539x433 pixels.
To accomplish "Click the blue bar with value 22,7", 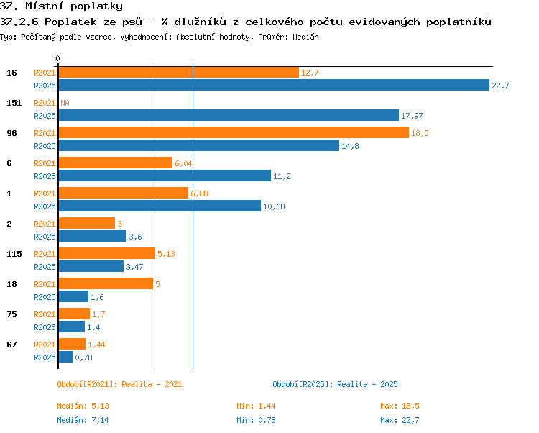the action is click(x=274, y=85).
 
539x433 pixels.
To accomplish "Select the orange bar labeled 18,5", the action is click(x=234, y=132).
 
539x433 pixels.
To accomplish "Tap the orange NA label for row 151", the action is click(x=65, y=103).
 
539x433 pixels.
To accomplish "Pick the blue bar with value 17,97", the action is click(x=229, y=115).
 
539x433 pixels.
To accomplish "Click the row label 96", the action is click(x=11, y=133).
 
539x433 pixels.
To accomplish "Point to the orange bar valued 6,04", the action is click(x=116, y=163).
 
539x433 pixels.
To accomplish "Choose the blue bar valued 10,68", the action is click(x=160, y=206).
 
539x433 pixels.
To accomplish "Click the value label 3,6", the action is click(x=135, y=237).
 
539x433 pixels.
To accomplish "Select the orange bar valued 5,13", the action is click(x=107, y=253).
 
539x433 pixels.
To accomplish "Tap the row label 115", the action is click(x=14, y=254).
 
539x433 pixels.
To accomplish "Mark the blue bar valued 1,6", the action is click(x=73, y=296).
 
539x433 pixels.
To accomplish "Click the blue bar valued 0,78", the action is click(x=65, y=357).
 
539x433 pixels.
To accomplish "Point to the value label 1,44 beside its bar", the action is click(x=96, y=345).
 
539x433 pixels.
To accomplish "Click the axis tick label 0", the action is click(x=57, y=58).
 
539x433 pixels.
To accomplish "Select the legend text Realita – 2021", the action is click(x=152, y=384).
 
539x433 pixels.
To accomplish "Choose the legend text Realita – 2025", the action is click(x=367, y=384).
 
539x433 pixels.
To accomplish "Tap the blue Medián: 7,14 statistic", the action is click(x=83, y=420).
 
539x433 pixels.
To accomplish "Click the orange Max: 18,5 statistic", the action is click(x=400, y=406).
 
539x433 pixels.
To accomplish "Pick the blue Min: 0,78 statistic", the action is click(x=256, y=420).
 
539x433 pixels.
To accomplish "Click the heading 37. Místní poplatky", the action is click(x=61, y=6).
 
